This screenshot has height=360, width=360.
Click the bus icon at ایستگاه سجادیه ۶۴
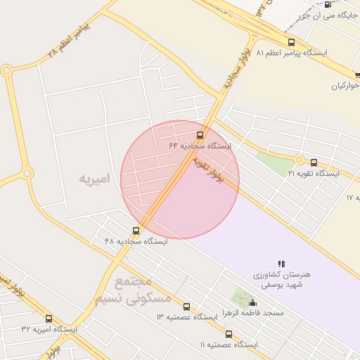click(200, 135)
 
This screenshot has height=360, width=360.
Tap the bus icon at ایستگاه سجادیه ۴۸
click(136, 231)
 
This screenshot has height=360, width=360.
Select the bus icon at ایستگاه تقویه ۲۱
click(314, 162)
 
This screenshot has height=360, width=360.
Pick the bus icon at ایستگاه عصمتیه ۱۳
click(186, 307)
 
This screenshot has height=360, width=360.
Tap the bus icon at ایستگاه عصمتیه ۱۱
click(229, 334)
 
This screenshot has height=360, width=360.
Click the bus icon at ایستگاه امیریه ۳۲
click(49, 319)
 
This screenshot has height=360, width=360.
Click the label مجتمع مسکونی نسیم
click(133, 290)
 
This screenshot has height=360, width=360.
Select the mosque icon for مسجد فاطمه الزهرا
click(253, 302)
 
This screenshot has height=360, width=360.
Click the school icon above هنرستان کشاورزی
click(282, 264)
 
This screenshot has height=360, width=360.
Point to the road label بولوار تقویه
click(208, 171)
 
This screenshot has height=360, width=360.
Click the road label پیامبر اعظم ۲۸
click(69, 39)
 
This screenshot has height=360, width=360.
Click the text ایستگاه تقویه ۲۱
click(314, 173)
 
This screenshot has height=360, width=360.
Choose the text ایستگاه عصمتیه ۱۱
click(229, 345)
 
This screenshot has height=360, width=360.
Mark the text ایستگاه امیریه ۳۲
click(49, 329)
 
